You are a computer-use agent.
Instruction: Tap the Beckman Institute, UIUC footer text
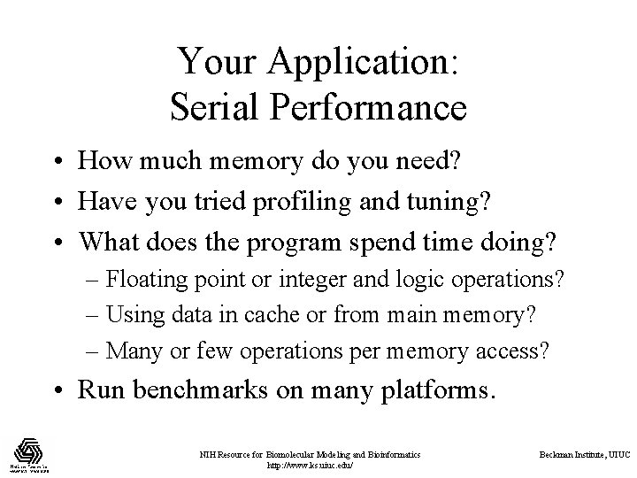[x=585, y=454]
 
